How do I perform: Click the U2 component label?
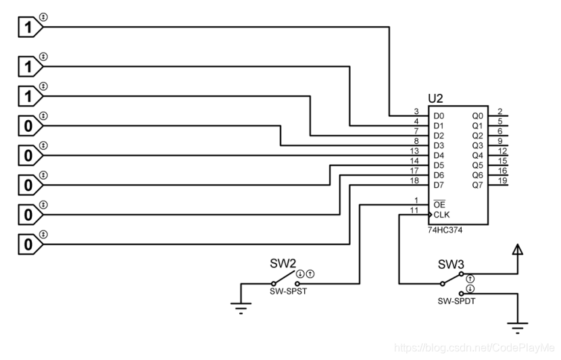coord(436,99)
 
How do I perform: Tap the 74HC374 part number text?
coord(445,230)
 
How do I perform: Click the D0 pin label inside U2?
coord(439,116)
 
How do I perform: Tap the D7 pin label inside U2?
coord(439,184)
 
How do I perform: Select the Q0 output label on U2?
coord(477,116)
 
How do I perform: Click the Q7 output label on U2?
coord(477,184)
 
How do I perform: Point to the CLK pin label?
coord(441,215)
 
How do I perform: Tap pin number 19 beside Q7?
coord(501,180)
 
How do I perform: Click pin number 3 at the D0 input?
coord(417,111)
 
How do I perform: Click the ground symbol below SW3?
coord(518,328)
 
